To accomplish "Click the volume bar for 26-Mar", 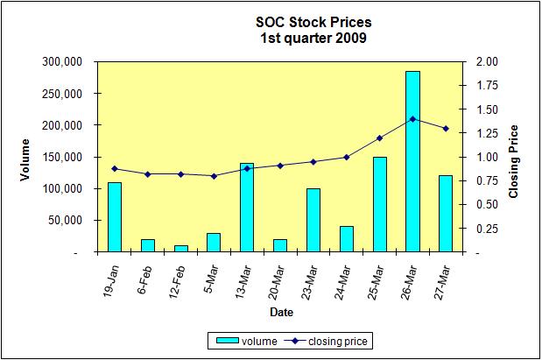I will coord(412,162).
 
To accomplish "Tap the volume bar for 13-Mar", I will coord(247,208).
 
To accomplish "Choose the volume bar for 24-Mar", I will coord(346,239).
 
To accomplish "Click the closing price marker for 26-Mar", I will coord(412,119).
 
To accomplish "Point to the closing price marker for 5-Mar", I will coord(214,176).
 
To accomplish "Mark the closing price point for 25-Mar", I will coord(379,138).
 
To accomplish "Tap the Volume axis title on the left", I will coord(25,158).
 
